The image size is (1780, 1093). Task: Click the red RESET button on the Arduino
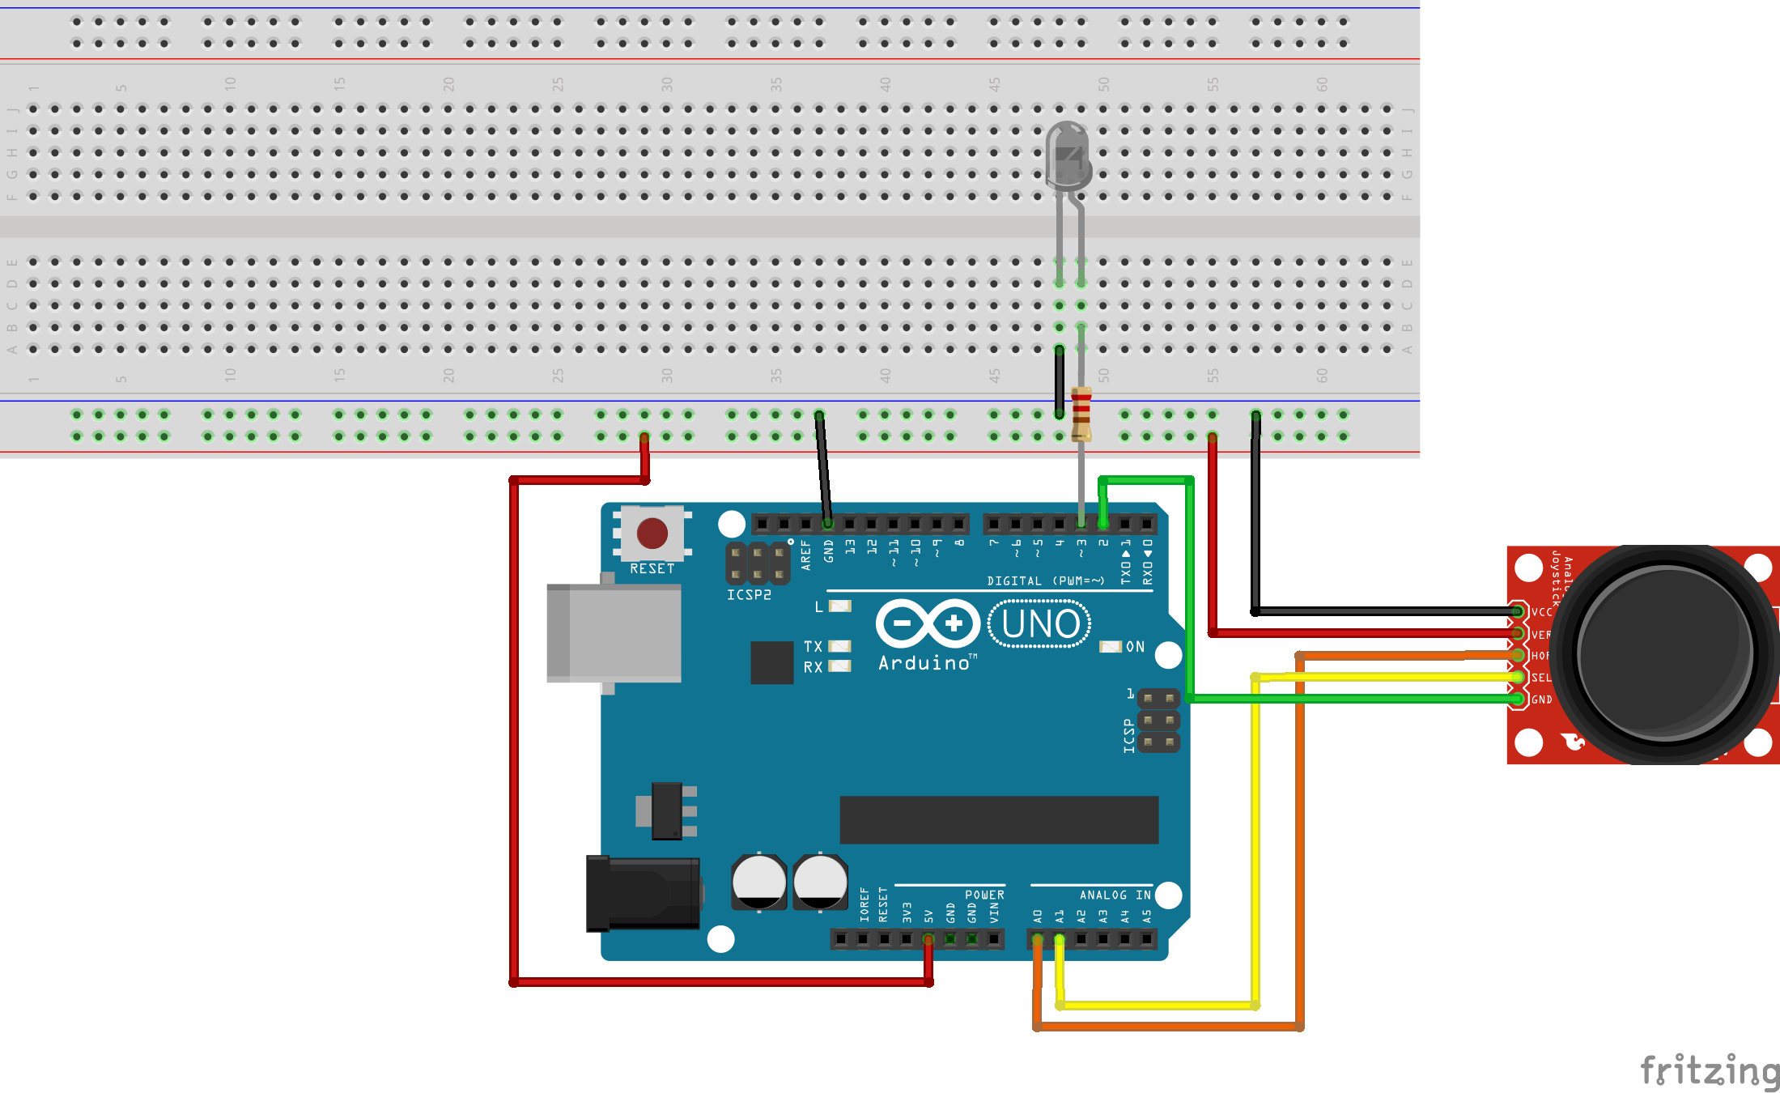[x=652, y=534]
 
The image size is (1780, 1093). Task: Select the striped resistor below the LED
[x=1081, y=414]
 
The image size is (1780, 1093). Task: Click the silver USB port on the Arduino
[x=613, y=633]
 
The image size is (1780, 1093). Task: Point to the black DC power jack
[x=643, y=893]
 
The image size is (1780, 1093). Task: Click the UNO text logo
[x=1039, y=624]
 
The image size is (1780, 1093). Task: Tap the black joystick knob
[x=1664, y=653]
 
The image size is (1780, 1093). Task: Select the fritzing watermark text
[x=1708, y=1070]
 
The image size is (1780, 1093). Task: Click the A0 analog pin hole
[x=1038, y=939]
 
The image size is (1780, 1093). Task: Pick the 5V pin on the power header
[x=928, y=939]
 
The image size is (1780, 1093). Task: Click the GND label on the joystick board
[x=1541, y=700]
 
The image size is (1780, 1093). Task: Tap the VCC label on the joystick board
[x=1541, y=612]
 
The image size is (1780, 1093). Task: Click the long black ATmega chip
[x=998, y=819]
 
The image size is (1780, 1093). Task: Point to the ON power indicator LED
[x=1110, y=646]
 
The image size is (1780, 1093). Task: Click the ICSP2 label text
[x=749, y=595]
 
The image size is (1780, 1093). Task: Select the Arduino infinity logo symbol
[x=928, y=623]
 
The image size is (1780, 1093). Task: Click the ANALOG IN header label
[x=1115, y=895]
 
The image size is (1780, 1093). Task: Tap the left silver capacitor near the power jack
[x=758, y=882]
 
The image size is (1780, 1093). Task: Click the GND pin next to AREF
[x=827, y=524]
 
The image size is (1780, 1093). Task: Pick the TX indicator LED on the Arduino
[x=840, y=646]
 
